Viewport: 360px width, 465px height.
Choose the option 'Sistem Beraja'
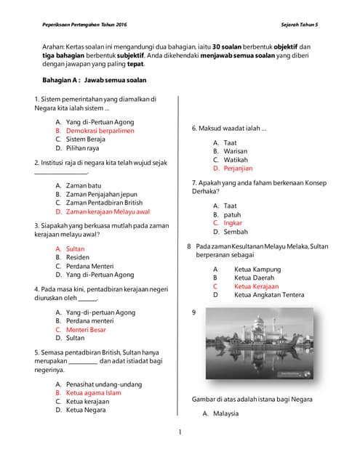tap(86, 139)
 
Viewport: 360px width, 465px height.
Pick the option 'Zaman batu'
tap(84, 186)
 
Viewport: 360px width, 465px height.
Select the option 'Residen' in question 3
tap(78, 257)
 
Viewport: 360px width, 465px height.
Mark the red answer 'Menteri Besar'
tap(86, 329)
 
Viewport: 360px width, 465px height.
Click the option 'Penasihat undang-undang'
tap(104, 384)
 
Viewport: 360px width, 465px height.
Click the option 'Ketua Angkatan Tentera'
tap(269, 295)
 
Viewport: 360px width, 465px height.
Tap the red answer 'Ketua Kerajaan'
tap(256, 286)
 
